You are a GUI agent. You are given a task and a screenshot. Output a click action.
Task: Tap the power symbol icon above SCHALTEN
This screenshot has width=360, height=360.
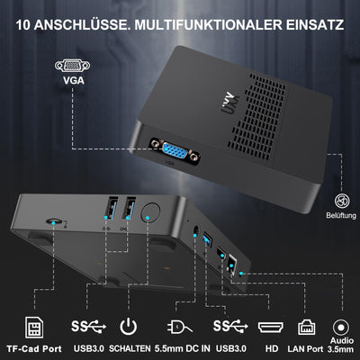pos(128,325)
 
